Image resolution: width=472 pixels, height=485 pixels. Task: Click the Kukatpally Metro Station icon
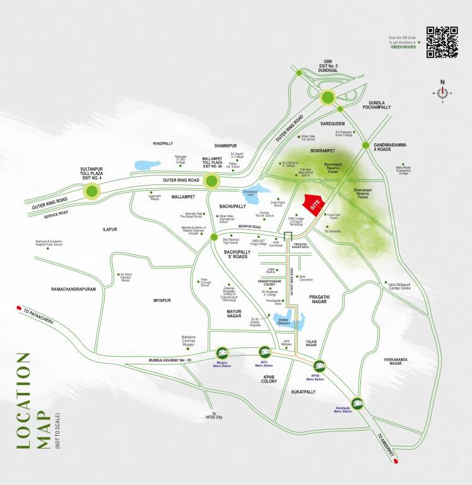357,400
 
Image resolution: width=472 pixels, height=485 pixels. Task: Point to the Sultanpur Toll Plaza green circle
93,191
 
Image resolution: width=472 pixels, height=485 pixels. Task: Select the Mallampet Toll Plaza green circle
211,182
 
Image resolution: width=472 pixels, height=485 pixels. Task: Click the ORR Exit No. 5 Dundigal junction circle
327,97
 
